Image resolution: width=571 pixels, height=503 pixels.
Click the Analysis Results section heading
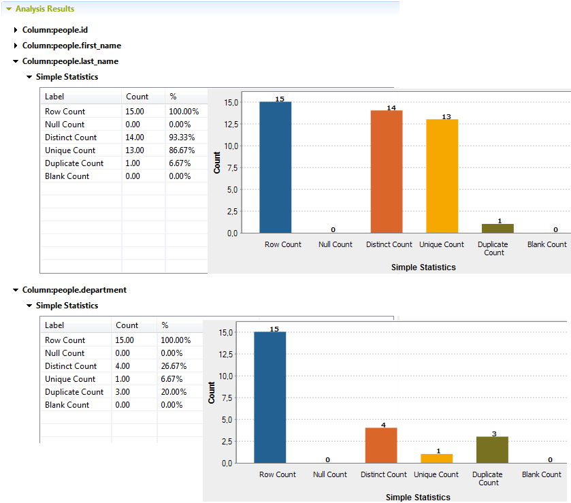tap(44, 9)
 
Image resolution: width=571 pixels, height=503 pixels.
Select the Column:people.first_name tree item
tap(71, 46)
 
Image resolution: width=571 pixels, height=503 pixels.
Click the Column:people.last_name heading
tap(70, 61)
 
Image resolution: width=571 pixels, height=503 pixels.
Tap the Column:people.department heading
tap(74, 290)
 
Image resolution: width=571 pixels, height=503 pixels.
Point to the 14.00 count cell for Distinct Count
tap(135, 137)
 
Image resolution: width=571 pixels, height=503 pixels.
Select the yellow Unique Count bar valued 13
tap(442, 176)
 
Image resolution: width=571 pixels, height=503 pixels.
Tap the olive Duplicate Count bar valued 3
tap(492, 449)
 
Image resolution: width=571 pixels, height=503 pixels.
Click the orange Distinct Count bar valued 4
tap(381, 445)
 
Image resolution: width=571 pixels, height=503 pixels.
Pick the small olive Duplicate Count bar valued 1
tap(497, 228)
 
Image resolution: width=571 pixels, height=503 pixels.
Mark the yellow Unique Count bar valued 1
tap(436, 458)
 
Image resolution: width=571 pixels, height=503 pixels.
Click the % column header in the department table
tap(165, 325)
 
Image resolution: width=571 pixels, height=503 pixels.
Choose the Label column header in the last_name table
tap(54, 97)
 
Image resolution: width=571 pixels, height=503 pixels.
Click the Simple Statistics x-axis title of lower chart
tap(418, 498)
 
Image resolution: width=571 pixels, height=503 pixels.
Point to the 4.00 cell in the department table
tap(125, 366)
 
